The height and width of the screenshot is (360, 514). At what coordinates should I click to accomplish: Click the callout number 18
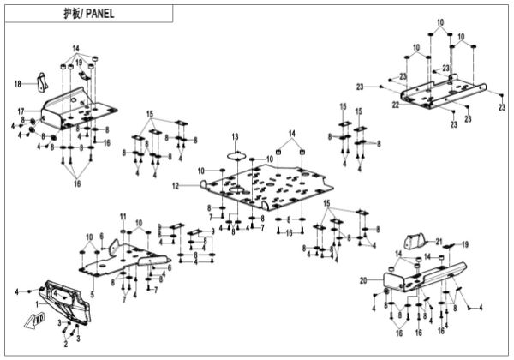tap(17, 83)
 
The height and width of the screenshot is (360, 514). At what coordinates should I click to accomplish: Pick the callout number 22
tap(397, 105)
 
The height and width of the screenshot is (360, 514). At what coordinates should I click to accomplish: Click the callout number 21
tap(438, 241)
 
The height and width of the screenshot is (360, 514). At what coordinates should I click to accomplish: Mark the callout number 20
tap(363, 279)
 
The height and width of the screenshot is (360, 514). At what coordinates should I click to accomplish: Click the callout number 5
tap(92, 271)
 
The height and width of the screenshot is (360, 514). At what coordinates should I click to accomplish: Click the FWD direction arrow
tap(38, 322)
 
